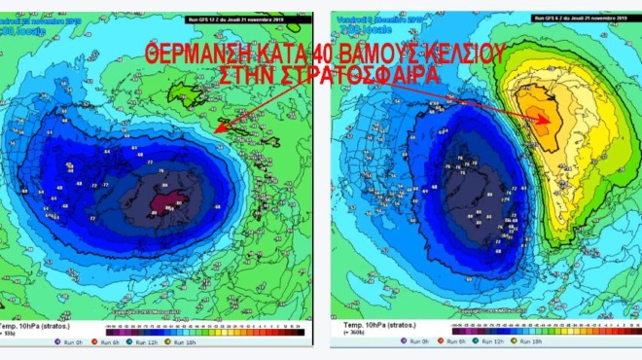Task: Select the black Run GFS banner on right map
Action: click(x=569, y=18)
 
